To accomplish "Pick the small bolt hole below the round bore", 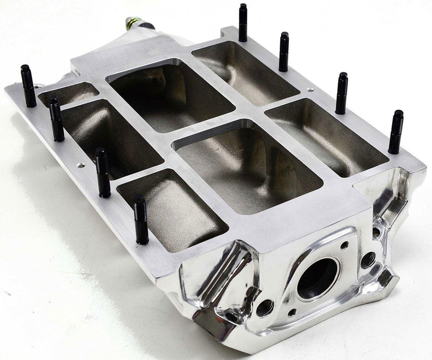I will pos(292,312).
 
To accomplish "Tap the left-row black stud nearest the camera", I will pos(141,219).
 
